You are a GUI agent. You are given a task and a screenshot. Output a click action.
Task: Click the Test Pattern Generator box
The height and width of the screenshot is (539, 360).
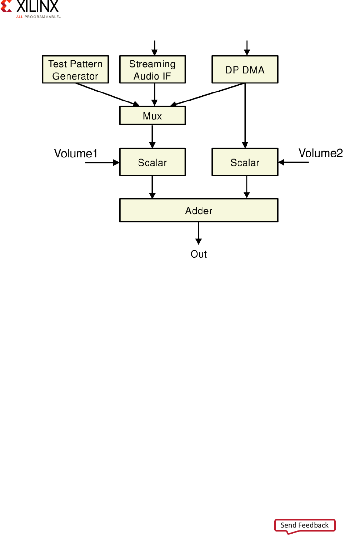(x=75, y=70)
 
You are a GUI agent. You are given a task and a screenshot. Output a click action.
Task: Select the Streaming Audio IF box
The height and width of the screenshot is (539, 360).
(x=152, y=70)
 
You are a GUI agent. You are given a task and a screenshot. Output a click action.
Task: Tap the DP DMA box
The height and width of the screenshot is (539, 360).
(x=245, y=70)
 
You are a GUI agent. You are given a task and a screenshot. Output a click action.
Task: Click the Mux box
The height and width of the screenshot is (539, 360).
(x=152, y=116)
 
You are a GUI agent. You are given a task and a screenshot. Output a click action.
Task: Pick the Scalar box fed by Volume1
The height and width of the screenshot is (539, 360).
(x=152, y=162)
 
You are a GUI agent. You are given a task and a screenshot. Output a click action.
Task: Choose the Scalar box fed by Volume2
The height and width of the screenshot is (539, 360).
(x=245, y=162)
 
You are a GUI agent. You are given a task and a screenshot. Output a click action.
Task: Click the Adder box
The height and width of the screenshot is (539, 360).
(x=199, y=210)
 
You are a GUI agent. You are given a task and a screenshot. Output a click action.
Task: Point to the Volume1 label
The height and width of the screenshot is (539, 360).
(x=75, y=153)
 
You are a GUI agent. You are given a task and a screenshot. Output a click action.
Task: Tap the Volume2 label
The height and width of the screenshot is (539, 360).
(x=320, y=153)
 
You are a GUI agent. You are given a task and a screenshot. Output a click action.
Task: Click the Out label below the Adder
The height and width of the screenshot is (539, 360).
(x=199, y=254)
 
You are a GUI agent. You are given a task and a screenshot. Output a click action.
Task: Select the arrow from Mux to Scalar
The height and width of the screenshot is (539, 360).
(x=152, y=136)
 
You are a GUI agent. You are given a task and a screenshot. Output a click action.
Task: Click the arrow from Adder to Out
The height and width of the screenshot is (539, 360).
(x=199, y=233)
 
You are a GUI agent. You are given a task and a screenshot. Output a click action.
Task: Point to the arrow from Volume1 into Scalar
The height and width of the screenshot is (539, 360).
(x=102, y=162)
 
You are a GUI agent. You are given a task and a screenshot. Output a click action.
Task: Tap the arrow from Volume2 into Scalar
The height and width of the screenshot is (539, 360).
(x=294, y=162)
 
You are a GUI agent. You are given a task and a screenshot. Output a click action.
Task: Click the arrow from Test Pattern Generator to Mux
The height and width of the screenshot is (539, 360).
(x=107, y=95)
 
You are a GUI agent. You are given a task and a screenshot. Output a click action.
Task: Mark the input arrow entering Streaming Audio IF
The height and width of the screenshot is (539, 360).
(x=154, y=48)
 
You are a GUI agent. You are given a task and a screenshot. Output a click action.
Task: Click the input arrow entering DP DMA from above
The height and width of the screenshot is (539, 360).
(x=247, y=48)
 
